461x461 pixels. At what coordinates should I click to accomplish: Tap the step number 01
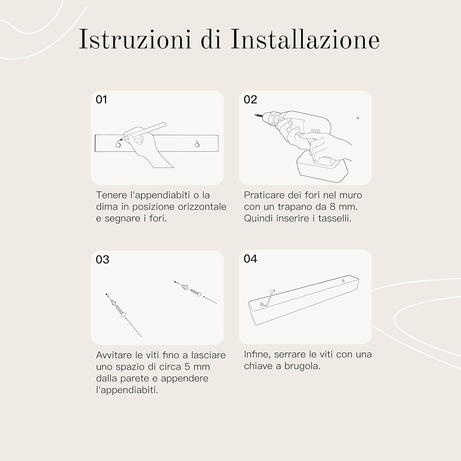click(101, 100)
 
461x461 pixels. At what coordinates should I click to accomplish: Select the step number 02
click(250, 100)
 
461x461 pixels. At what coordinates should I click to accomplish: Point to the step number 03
click(102, 260)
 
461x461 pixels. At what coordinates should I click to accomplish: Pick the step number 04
click(250, 259)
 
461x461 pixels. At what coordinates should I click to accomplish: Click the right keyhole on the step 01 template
click(197, 144)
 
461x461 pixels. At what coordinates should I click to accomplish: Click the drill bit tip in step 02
click(257, 115)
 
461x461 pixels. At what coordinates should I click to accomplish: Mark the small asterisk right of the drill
click(358, 118)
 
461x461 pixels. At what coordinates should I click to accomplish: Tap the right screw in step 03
click(195, 292)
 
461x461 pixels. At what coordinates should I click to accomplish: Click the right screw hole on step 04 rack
click(343, 281)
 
